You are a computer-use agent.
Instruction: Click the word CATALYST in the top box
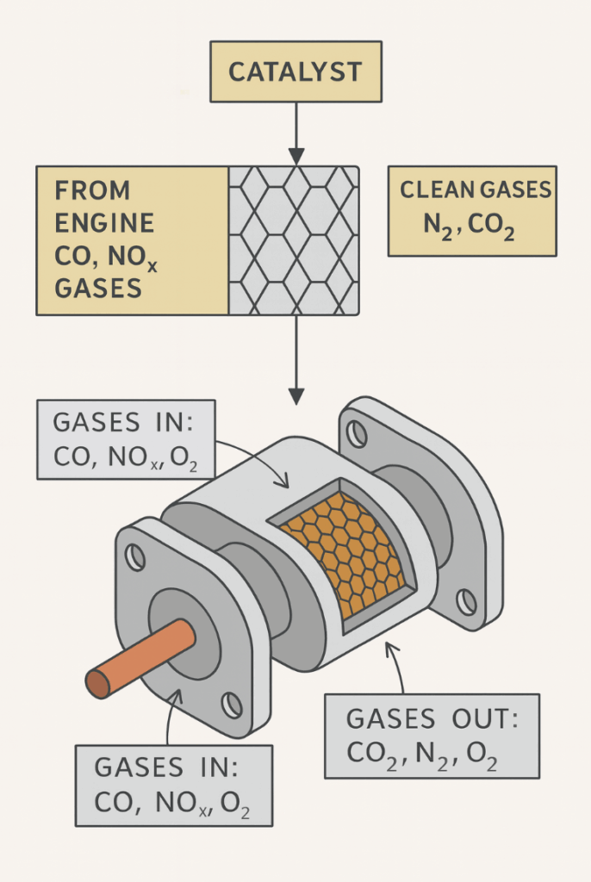pos(295,71)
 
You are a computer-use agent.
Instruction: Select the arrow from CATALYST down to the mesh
pos(295,129)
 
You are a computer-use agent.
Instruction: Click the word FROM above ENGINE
pos(92,190)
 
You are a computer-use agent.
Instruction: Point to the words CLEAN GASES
pos(475,190)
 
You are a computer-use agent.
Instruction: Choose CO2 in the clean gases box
pos(495,226)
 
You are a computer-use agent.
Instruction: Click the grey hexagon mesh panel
pos(294,240)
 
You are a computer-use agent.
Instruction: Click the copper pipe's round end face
pos(97,684)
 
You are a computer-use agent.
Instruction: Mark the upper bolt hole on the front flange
pos(135,557)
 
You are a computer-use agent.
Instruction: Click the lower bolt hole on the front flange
pos(232,705)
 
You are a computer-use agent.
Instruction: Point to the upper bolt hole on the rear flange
pos(357,434)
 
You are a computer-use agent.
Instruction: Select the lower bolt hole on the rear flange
pos(466,601)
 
